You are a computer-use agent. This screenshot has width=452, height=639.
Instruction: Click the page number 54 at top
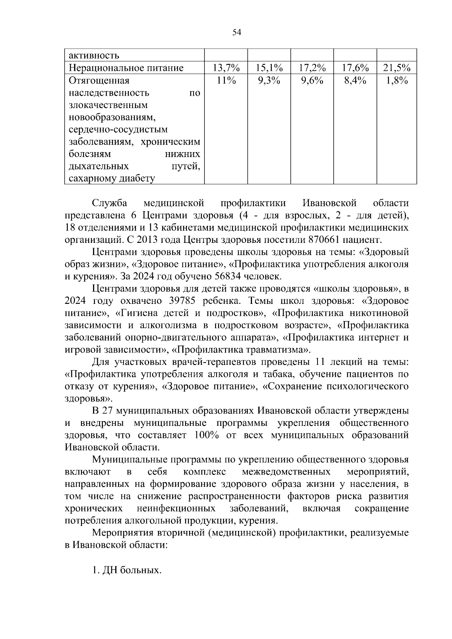tap(237, 32)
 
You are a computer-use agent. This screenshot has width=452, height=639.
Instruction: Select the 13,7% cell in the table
tap(226, 68)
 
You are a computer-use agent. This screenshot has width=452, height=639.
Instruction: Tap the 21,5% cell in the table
tap(397, 68)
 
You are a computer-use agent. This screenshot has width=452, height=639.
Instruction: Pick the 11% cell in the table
tap(226, 81)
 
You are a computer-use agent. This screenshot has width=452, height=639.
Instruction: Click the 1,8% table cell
tap(397, 81)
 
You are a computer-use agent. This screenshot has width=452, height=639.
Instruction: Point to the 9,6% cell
tap(312, 81)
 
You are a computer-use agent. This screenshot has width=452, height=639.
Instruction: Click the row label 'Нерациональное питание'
tap(126, 68)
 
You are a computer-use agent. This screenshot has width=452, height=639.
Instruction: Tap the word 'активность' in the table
tap(94, 56)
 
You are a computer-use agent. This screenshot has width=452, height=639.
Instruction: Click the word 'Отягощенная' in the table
tap(99, 81)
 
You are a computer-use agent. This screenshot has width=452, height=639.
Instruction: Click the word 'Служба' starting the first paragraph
tap(110, 203)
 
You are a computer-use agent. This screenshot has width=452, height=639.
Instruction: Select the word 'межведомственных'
tap(286, 472)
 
